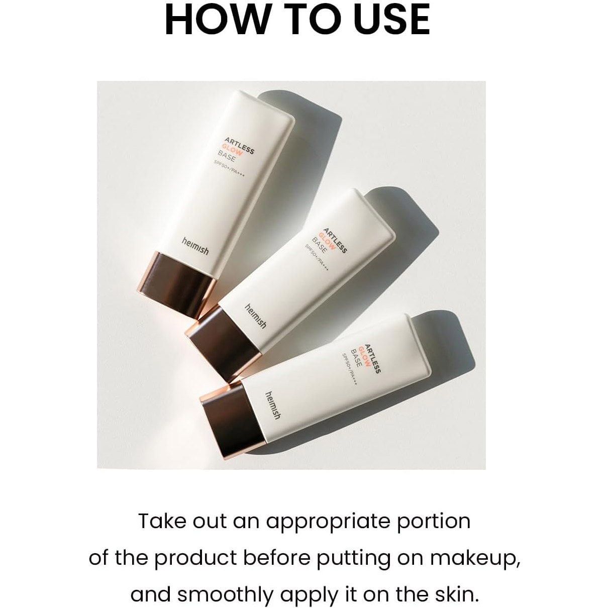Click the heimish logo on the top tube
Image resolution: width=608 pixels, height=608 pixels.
coord(195,246)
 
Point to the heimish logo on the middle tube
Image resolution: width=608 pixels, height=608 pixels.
coord(256,316)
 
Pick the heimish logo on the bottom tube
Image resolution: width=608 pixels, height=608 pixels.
coord(273,406)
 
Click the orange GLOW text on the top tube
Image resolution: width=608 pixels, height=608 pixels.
coord(232,148)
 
